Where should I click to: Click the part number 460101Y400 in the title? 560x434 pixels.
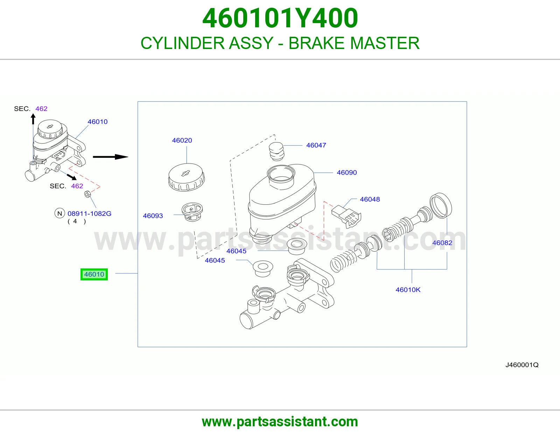pos(280,18)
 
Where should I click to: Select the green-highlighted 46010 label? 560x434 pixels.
pos(94,274)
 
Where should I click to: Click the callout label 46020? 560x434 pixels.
pos(182,140)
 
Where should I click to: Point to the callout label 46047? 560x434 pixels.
pos(316,145)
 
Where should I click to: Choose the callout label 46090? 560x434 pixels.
pos(346,173)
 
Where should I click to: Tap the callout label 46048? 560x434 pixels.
pos(370,199)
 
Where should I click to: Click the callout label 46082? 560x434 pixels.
pos(442,243)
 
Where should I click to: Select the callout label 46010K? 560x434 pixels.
pos(408,290)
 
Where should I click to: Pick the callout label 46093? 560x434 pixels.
pos(153,216)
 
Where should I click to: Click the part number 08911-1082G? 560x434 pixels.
pos(89,213)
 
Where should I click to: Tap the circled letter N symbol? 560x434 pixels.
pos(60,213)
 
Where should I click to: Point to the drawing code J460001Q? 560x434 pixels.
pos(522,365)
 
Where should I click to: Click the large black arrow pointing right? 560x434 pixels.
pos(111,157)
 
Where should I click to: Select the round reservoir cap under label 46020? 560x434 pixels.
pos(186,177)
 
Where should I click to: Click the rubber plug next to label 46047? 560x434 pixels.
pos(276,152)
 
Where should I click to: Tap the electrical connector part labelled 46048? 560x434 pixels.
pos(346,217)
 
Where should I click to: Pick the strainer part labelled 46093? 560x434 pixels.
pos(192,212)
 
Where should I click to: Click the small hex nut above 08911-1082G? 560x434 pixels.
pos(87,194)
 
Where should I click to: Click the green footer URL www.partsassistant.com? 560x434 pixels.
pos(280,422)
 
